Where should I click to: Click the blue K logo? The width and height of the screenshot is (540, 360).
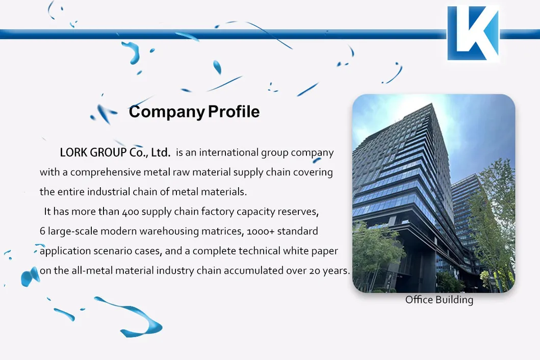click(473, 33)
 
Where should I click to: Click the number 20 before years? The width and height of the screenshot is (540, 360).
click(315, 271)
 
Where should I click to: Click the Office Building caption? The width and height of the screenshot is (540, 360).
click(439, 300)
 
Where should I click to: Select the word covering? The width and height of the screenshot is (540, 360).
click(313, 172)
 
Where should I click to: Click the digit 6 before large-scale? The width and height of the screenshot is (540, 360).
click(42, 231)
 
